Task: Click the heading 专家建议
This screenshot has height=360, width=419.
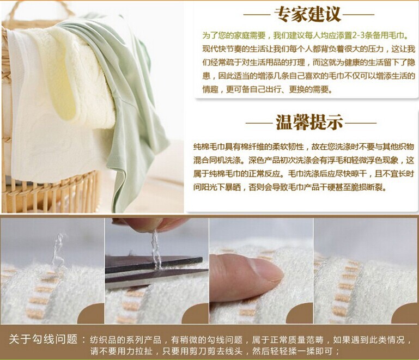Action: click(308, 14)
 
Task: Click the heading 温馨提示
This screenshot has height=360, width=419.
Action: click(309, 123)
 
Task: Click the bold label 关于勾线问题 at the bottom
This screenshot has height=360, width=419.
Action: click(43, 339)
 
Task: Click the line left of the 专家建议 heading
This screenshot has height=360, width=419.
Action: click(257, 15)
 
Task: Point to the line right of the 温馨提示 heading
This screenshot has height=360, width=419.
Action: click(361, 123)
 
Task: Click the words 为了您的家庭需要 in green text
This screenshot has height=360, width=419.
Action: click(234, 35)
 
